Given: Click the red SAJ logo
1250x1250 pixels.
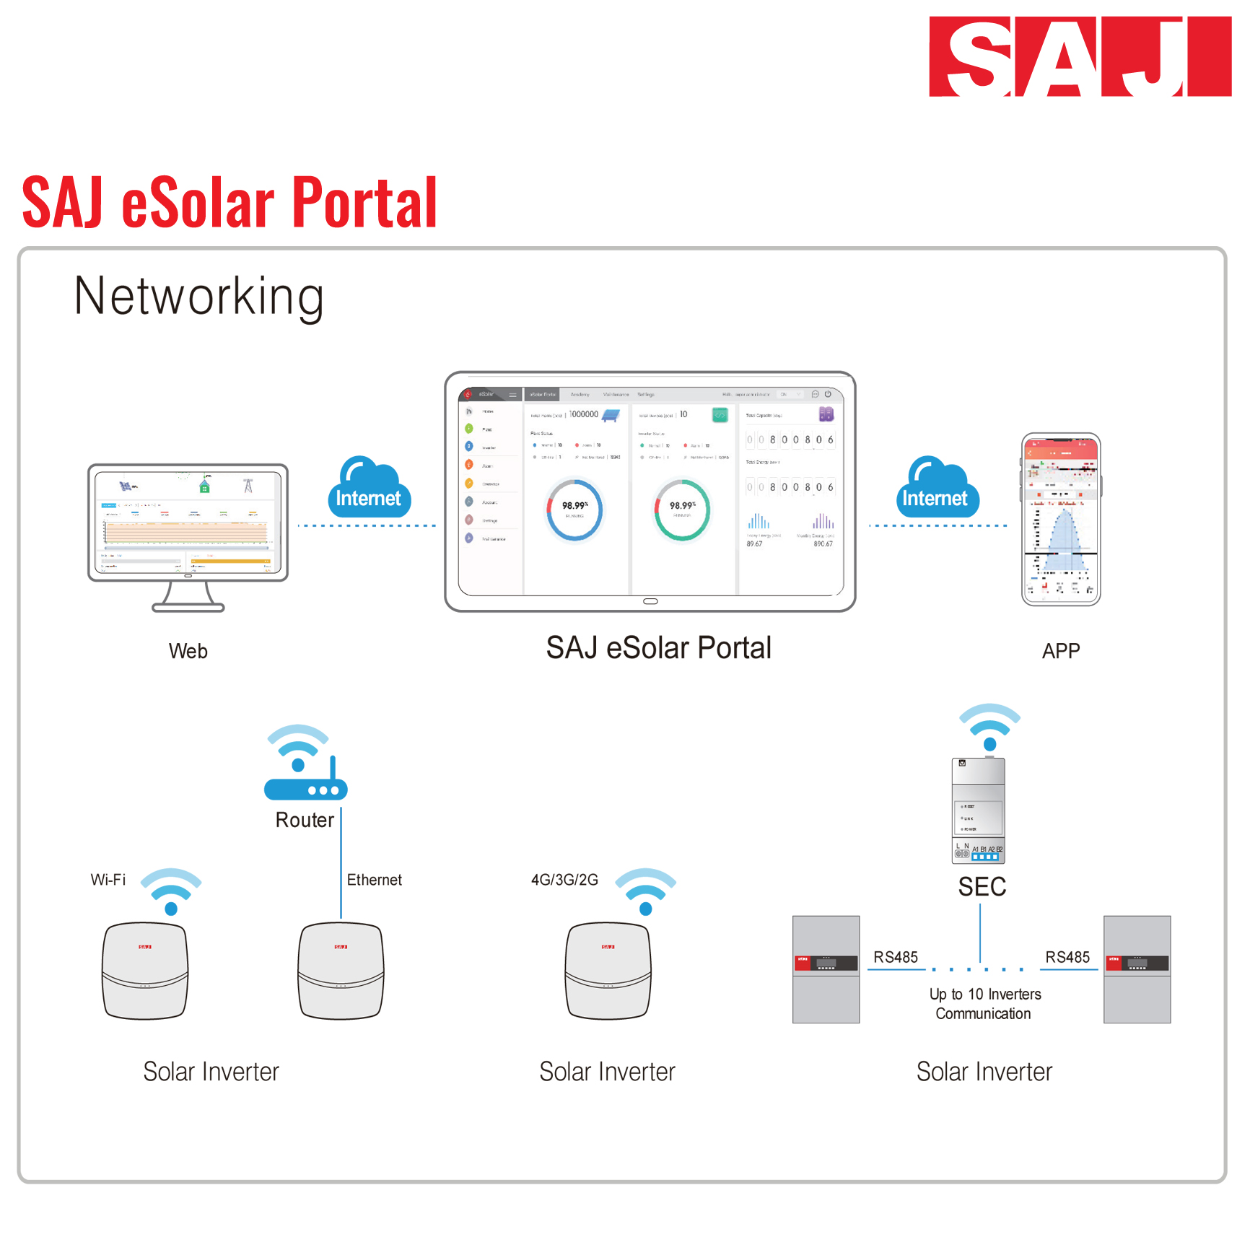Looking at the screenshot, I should [1080, 56].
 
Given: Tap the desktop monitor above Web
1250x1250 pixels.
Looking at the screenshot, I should [188, 523].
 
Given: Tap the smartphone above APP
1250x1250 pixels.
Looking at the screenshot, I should [1061, 519].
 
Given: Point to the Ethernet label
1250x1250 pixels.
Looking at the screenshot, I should [374, 880].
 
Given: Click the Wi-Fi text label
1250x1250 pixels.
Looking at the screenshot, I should [108, 880].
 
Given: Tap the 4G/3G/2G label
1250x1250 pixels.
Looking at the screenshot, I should [564, 880].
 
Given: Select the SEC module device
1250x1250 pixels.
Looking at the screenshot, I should [979, 810].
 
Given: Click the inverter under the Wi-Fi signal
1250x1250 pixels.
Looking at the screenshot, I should [145, 971].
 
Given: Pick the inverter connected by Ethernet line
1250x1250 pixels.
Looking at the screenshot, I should [341, 971].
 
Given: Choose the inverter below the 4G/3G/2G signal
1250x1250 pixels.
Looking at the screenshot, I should [608, 971].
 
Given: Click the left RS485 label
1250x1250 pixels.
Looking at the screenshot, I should [896, 957].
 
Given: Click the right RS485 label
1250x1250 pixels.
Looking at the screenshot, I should [1067, 957].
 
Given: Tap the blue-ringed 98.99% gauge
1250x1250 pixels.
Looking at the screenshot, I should [574, 510].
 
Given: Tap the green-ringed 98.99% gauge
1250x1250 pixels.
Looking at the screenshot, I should [682, 510].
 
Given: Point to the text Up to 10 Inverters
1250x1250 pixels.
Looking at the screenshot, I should [985, 995].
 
